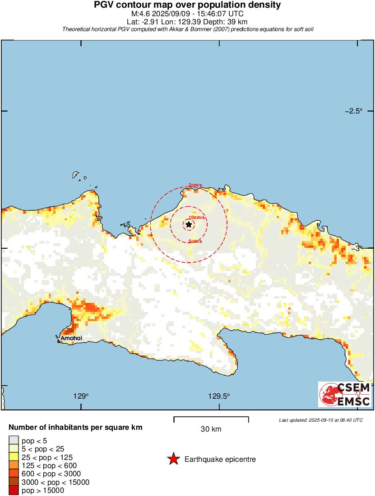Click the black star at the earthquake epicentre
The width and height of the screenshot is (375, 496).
189,224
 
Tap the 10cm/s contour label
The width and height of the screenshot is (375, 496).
197,217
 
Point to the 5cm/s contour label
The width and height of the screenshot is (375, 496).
195,241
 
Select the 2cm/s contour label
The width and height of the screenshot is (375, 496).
195,185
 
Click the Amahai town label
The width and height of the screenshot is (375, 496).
72,337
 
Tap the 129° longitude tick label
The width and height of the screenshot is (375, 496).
81,396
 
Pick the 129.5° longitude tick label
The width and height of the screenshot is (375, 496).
219,396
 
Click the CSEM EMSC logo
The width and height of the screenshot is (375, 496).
346,395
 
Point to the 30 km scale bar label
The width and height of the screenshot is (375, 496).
211,429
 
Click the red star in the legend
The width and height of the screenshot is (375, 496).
173,460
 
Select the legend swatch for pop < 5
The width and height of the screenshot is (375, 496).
14,440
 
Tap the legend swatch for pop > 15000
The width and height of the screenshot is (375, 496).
14,491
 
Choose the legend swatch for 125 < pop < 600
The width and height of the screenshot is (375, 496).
14,465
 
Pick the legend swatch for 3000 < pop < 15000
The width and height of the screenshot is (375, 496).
14,482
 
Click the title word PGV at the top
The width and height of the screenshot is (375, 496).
103,5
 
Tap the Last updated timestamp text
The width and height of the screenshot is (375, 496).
320,420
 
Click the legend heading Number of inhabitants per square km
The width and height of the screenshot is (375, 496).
76,427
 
